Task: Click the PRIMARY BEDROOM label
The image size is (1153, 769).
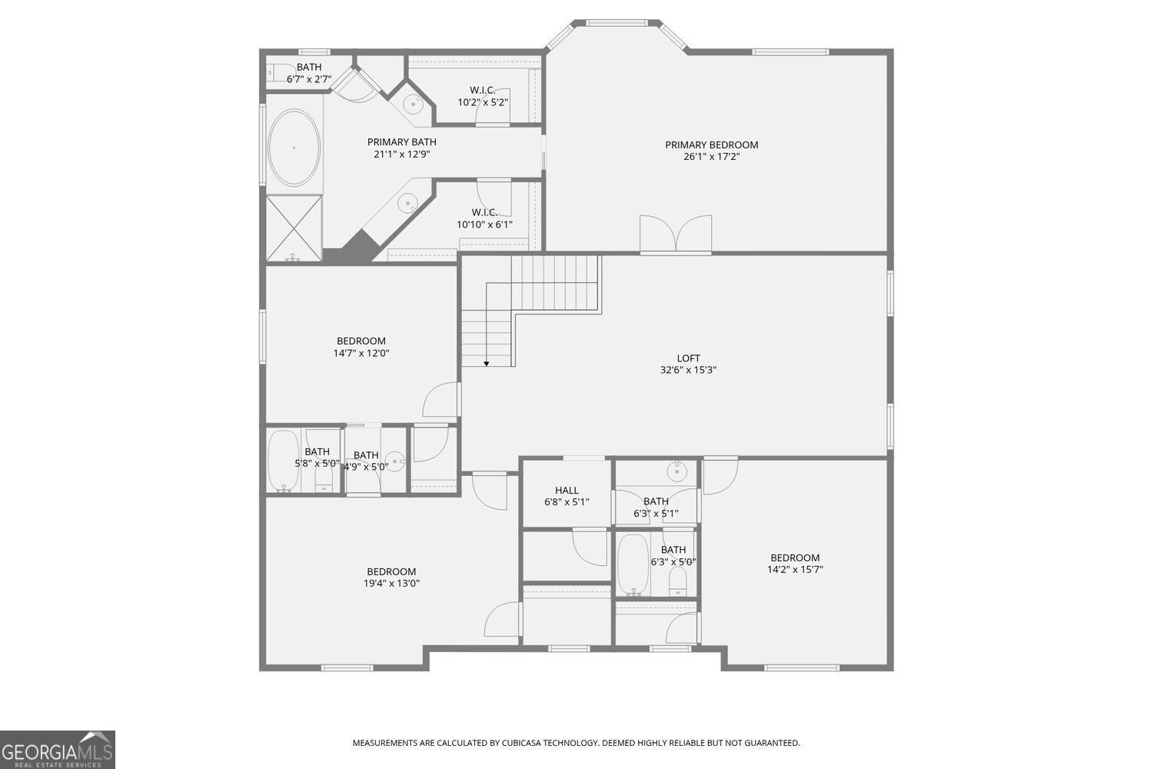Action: tap(711, 145)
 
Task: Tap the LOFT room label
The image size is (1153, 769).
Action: tap(688, 358)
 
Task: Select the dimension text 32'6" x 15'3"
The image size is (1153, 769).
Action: tap(688, 370)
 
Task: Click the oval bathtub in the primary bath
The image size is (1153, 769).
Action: tap(294, 147)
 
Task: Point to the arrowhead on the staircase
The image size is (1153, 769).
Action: tap(487, 362)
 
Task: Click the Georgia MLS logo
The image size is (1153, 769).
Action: tap(58, 749)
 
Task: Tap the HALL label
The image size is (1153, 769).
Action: tap(567, 491)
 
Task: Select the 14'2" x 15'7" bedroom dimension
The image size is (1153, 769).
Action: tap(795, 570)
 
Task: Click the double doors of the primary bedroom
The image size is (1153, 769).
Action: tap(676, 234)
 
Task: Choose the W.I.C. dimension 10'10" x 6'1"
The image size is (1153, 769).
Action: tap(484, 225)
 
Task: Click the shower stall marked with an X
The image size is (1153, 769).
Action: tap(294, 228)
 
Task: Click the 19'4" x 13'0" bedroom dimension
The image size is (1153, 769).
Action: tap(391, 584)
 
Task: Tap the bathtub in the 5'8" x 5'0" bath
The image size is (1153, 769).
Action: tap(282, 460)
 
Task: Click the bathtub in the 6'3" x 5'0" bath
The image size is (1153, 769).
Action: tap(633, 564)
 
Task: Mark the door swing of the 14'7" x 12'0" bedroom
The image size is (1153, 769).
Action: tap(442, 400)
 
